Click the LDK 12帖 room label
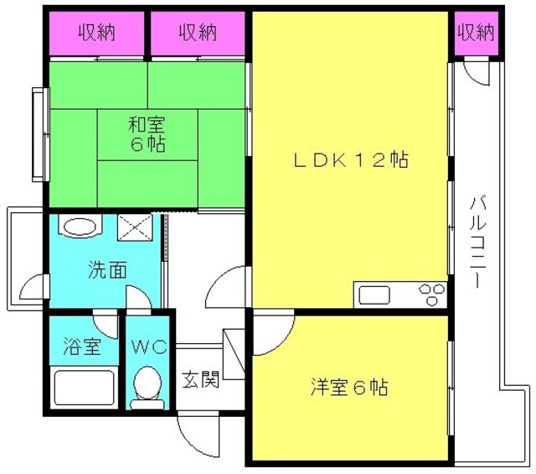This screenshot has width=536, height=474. (351, 160)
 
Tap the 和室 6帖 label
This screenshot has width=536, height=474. (147, 134)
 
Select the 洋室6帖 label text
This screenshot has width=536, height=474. (349, 387)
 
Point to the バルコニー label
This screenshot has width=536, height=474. (477, 242)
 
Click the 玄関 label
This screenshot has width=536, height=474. (200, 380)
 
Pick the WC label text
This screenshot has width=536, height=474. (149, 347)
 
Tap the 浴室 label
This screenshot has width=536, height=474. (82, 346)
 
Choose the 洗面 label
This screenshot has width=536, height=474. (107, 269)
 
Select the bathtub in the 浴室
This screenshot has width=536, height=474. (84, 388)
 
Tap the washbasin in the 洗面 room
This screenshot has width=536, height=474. (80, 226)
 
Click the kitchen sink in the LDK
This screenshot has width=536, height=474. (374, 294)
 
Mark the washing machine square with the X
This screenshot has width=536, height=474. (134, 227)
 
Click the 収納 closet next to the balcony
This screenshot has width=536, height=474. (477, 34)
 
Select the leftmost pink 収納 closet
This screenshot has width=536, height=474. (97, 34)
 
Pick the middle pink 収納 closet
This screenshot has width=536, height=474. (198, 34)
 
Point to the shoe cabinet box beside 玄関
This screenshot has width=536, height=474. (234, 354)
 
